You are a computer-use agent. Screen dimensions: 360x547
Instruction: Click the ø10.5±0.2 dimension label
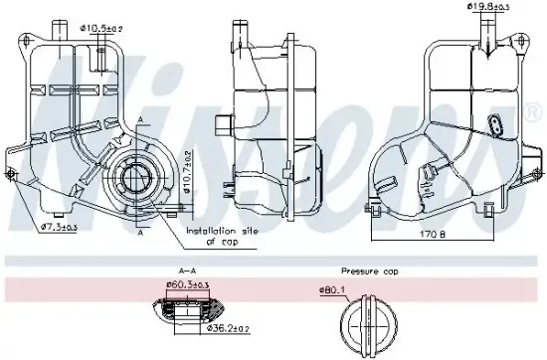pos(102,28)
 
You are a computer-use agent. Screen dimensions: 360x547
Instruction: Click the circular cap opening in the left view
pos(136,179)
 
